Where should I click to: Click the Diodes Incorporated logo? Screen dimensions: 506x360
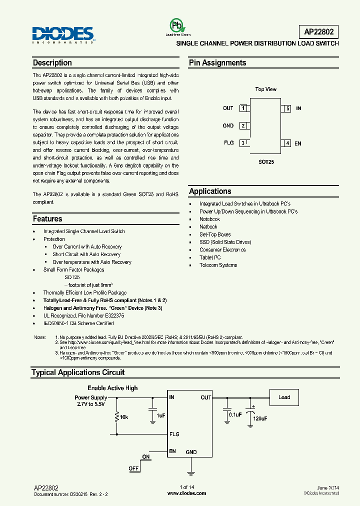tap(63, 34)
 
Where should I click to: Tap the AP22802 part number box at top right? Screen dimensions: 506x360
tap(321, 32)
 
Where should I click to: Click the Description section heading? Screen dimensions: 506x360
tap(52, 63)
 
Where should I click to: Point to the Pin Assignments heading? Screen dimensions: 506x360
tap(217, 63)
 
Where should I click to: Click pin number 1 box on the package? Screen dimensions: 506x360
tap(243, 108)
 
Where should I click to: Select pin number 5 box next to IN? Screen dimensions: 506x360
tap(287, 108)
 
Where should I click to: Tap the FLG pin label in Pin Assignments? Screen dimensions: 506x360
tap(228, 143)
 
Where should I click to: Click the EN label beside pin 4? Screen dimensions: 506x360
tap(298, 143)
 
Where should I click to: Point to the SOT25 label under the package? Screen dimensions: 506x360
tap(266, 162)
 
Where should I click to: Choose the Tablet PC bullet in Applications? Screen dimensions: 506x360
tap(210, 257)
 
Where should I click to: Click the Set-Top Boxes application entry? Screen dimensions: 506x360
tap(215, 234)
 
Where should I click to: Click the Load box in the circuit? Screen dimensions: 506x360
tap(284, 397)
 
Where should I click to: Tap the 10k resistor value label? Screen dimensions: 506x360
tap(124, 416)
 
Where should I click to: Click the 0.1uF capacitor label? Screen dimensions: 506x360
tap(234, 414)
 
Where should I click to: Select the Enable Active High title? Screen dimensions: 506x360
tap(112, 388)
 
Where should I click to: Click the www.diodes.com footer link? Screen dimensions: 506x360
tap(186, 493)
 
